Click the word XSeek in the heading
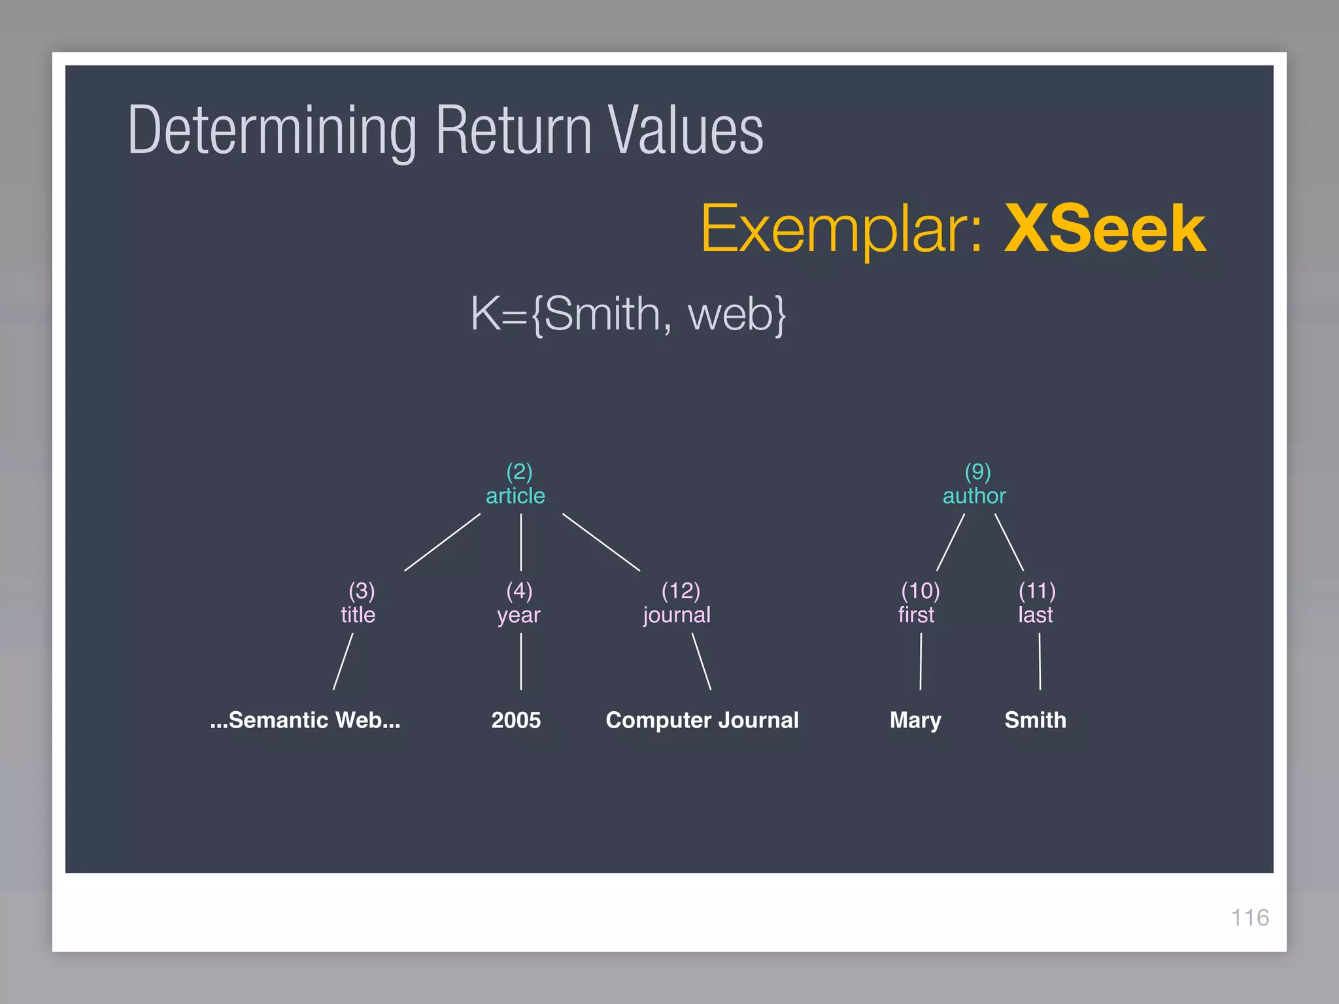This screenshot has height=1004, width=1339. pos(1104,229)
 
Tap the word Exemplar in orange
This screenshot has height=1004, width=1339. pos(841,230)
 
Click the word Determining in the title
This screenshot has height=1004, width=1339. pos(272,130)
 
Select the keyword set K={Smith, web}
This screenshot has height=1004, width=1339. pos(628,315)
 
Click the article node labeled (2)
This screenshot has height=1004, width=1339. pos(516,484)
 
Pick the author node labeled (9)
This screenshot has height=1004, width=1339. pos(974,484)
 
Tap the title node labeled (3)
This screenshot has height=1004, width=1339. pos(358,603)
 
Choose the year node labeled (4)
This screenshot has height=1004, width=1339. pos(519,603)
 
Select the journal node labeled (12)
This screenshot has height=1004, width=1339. pos(677,603)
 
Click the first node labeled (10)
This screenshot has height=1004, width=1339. pos(918,603)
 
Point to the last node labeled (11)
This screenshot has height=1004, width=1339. pos(1036,603)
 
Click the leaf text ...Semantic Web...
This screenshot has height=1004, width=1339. pos(305,720)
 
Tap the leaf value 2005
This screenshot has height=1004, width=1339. pos(516,720)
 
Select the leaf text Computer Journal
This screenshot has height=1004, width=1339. pos(702,720)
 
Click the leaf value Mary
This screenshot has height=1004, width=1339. pos(915,720)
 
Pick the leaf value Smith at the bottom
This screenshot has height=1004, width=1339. pos(1035,720)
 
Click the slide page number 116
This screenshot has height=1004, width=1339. pos(1249,918)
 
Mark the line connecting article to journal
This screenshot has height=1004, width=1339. pos(601,542)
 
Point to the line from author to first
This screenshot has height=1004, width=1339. pos(951,542)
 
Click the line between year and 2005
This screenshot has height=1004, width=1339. pos(521,661)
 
